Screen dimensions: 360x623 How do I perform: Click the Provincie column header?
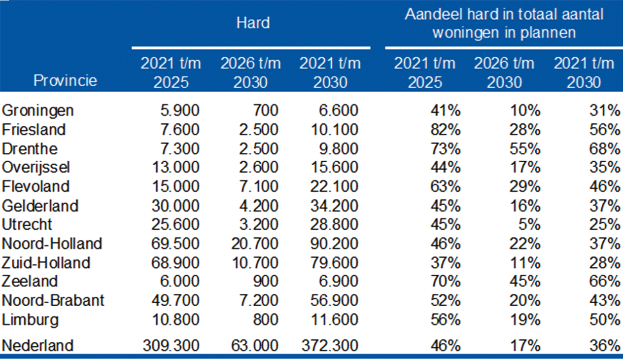tap(66, 80)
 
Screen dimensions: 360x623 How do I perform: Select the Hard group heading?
tap(253, 23)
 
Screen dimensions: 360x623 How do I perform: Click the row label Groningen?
tap(37, 110)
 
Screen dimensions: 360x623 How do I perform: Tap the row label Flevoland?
tap(35, 186)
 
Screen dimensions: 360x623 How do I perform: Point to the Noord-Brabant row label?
tap(53, 300)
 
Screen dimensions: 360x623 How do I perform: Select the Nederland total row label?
tap(37, 345)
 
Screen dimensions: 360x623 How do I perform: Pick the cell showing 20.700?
tap(256, 243)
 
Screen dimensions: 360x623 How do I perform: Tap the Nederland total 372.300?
tap(330, 345)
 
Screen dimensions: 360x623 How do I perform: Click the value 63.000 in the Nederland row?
tap(256, 345)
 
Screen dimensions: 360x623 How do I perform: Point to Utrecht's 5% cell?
tap(530, 224)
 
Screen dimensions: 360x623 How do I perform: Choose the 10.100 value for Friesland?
tap(335, 130)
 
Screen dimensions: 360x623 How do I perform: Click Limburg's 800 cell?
tap(267, 319)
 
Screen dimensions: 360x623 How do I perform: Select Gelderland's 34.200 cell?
tap(335, 205)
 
